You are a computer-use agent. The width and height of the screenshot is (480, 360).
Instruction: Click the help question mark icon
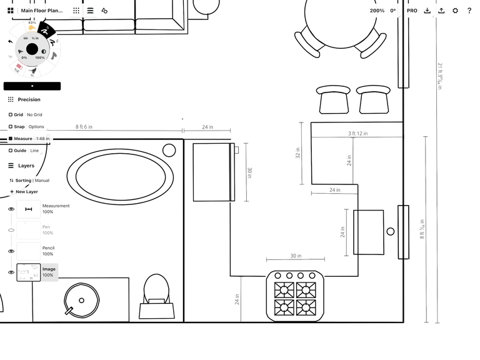pyautogui.click(x=469, y=11)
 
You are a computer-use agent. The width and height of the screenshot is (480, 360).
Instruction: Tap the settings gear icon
pyautogui.click(x=455, y=11)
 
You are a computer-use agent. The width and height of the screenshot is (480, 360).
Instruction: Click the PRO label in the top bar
pyautogui.click(x=412, y=11)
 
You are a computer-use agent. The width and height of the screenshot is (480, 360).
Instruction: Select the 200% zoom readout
pyautogui.click(x=377, y=11)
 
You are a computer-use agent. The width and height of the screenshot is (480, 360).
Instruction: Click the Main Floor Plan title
pyautogui.click(x=41, y=11)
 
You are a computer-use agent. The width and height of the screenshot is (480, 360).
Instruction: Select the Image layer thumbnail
pyautogui.click(x=28, y=272)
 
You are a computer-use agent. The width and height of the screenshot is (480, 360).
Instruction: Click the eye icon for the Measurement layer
pyautogui.click(x=11, y=209)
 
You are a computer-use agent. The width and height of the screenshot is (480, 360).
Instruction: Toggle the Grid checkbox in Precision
pyautogui.click(x=11, y=115)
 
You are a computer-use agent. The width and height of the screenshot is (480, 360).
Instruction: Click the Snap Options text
pyautogui.click(x=36, y=127)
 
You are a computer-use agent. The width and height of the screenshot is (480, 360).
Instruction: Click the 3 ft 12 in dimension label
pyautogui.click(x=357, y=134)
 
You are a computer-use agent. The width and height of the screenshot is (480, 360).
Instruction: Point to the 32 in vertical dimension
pyautogui.click(x=298, y=153)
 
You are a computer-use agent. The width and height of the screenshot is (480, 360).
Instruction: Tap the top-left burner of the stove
pyautogui.click(x=284, y=290)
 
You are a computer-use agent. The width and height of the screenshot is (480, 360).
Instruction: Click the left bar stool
pyautogui.click(x=334, y=100)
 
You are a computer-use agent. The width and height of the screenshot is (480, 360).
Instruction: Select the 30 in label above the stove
pyautogui.click(x=295, y=256)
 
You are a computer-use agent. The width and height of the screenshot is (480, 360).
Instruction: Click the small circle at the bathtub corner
pyautogui.click(x=169, y=150)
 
